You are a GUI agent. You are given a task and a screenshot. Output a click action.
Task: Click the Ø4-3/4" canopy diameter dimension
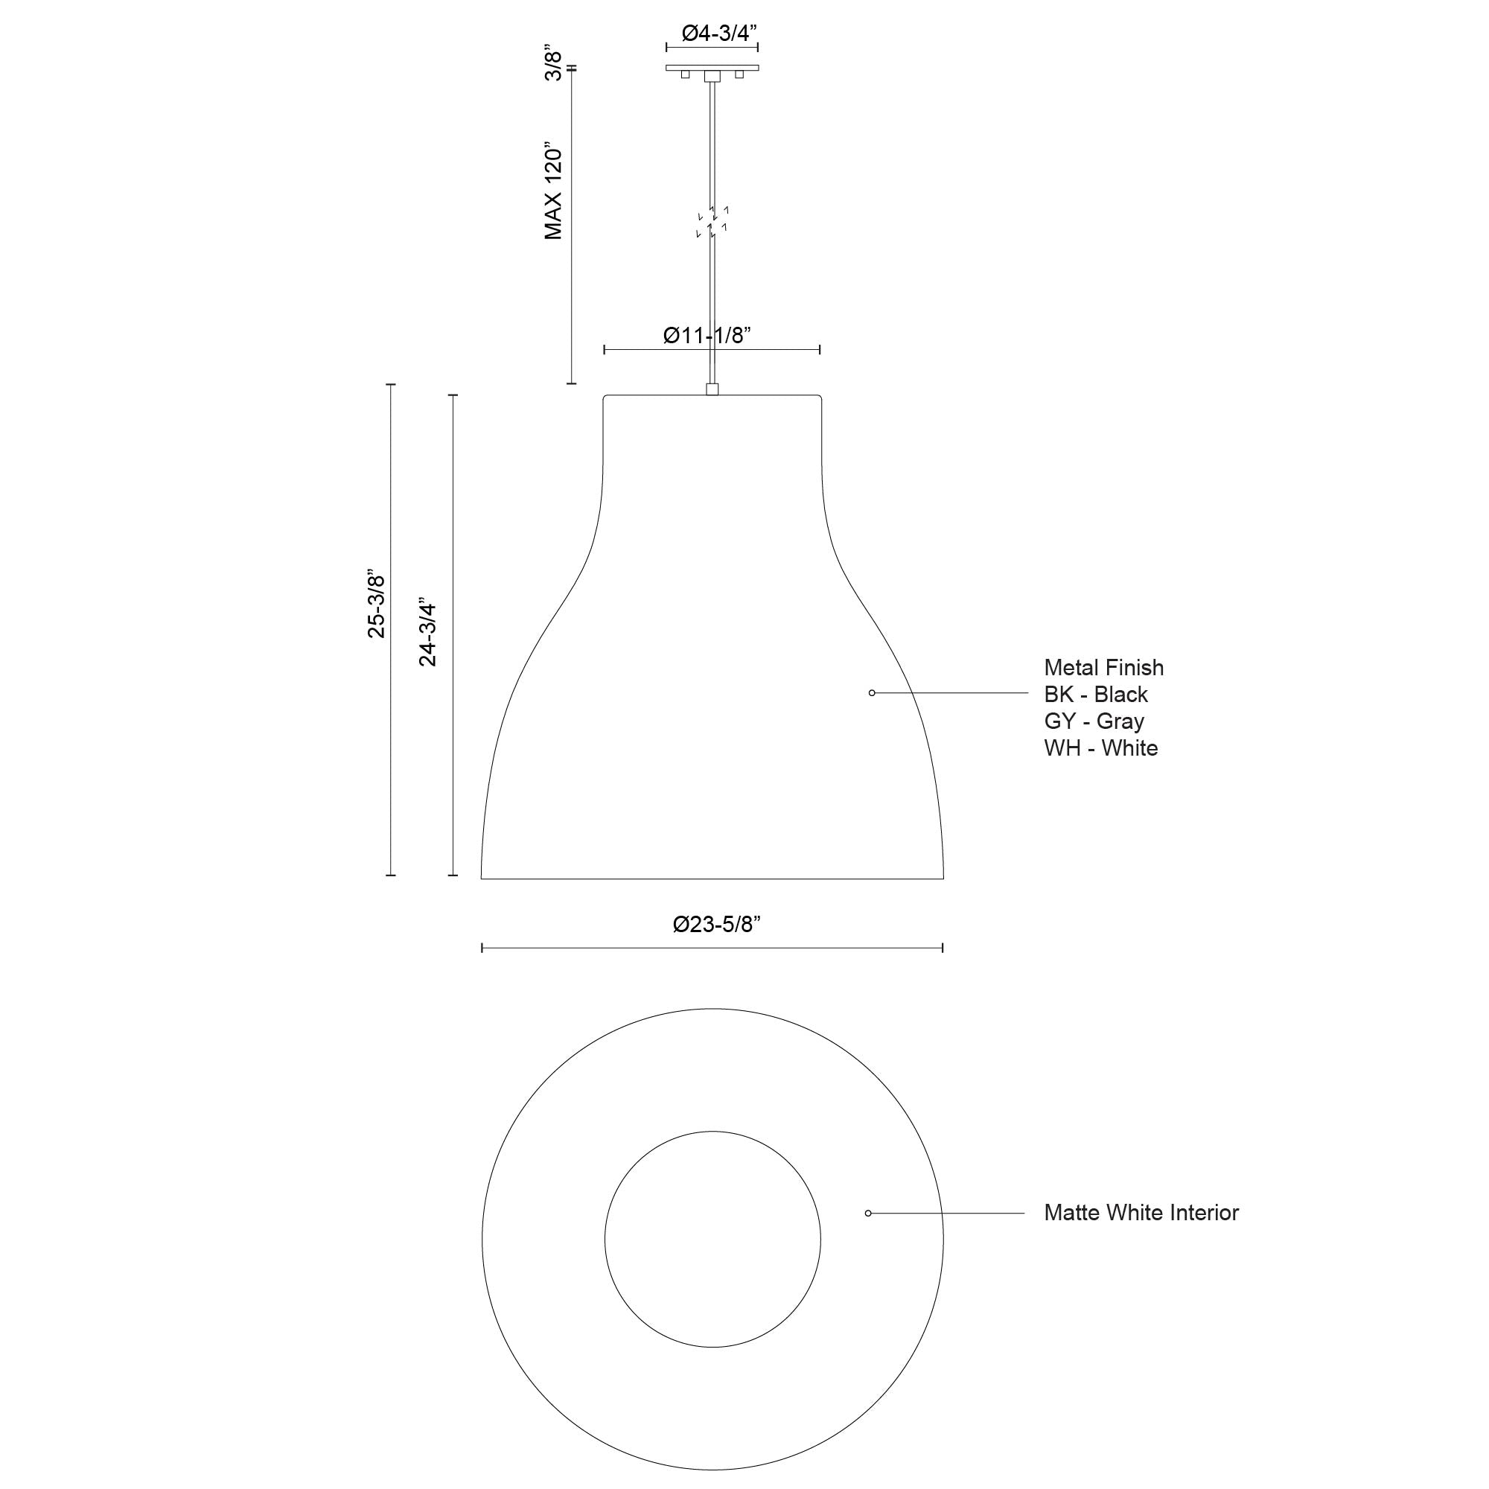[x=719, y=34]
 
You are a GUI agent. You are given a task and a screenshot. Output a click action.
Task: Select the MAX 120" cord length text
[x=553, y=191]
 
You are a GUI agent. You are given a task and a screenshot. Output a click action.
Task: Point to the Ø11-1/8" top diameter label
[x=707, y=335]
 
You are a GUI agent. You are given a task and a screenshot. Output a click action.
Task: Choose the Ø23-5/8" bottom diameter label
[x=716, y=924]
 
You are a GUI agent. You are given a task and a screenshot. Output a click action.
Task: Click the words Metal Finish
[x=1103, y=667]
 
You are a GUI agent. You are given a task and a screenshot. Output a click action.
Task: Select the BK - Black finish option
[x=1095, y=695]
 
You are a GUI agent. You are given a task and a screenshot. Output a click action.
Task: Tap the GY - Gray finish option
[x=1094, y=721]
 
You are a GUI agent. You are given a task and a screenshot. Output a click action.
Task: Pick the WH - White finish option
[x=1100, y=748]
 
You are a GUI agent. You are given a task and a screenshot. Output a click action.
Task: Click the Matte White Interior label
[x=1141, y=1212]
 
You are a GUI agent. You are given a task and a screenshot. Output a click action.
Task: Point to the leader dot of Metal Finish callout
[x=872, y=693]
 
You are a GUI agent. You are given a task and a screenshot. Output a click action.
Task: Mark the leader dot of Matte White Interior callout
[x=869, y=1213]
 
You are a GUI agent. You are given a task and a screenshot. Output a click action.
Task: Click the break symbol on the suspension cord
[x=712, y=222]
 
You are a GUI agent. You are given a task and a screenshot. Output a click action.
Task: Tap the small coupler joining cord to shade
[x=712, y=389]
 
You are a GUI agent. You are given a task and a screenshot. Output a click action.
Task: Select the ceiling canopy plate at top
[x=712, y=68]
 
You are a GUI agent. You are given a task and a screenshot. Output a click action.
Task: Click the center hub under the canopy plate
[x=712, y=75]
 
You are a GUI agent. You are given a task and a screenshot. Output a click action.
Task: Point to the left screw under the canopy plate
[x=684, y=74]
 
